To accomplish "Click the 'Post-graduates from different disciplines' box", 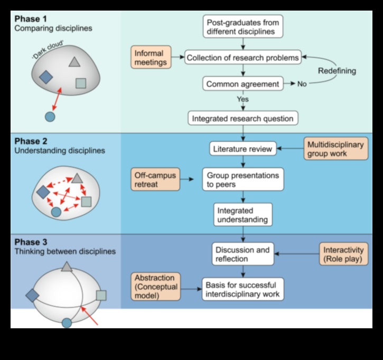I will click(242, 26).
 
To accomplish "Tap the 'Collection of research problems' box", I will click(242, 57).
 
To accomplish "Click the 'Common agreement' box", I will click(242, 84).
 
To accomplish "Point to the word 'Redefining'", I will click(337, 71).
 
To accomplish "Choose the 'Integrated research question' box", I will click(242, 118).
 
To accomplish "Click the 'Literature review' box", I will click(242, 149).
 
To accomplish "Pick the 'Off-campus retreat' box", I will click(155, 179).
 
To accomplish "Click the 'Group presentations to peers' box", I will click(242, 180).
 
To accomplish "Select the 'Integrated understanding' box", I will click(242, 215).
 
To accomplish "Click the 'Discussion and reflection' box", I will click(242, 254).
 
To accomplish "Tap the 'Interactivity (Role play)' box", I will click(343, 254).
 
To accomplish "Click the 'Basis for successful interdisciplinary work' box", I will click(242, 289).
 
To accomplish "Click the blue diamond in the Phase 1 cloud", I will click(46, 77).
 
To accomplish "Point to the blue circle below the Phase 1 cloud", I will click(50, 117).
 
